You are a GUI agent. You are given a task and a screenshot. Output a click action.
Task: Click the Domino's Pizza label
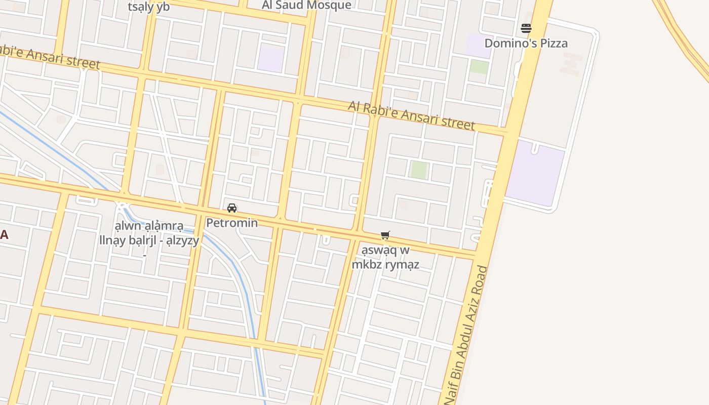pos(526,43)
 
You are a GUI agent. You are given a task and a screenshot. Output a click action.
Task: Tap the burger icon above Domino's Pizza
pos(526,28)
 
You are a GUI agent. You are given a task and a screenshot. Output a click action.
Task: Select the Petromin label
pos(232,223)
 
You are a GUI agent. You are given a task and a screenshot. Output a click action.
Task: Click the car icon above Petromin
pos(232,208)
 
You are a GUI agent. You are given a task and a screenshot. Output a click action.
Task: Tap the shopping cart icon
pos(385,235)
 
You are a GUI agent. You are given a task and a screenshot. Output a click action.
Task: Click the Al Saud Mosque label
pos(306,5)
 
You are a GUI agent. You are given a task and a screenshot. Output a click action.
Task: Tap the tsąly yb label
pos(148,7)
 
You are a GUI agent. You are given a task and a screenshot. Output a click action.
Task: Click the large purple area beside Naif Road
pos(535,172)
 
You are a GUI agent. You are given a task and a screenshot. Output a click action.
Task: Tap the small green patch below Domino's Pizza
pos(479,67)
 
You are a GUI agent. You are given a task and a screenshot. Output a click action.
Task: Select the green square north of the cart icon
pos(419,170)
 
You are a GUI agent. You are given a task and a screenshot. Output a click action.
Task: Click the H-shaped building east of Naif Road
pos(571,64)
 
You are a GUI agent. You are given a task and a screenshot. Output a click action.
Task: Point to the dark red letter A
pos(4,234)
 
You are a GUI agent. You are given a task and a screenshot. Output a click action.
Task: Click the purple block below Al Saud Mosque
pos(270,58)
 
